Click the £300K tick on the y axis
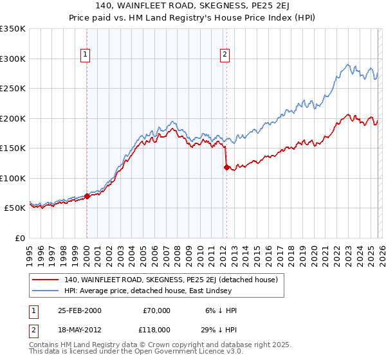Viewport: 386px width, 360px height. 13,59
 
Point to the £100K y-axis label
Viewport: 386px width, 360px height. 13,178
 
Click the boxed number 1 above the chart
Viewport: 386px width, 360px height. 86,55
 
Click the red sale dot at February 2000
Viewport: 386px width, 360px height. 87,196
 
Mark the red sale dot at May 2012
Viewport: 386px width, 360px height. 226,167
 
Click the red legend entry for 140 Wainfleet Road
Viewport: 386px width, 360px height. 170,280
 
